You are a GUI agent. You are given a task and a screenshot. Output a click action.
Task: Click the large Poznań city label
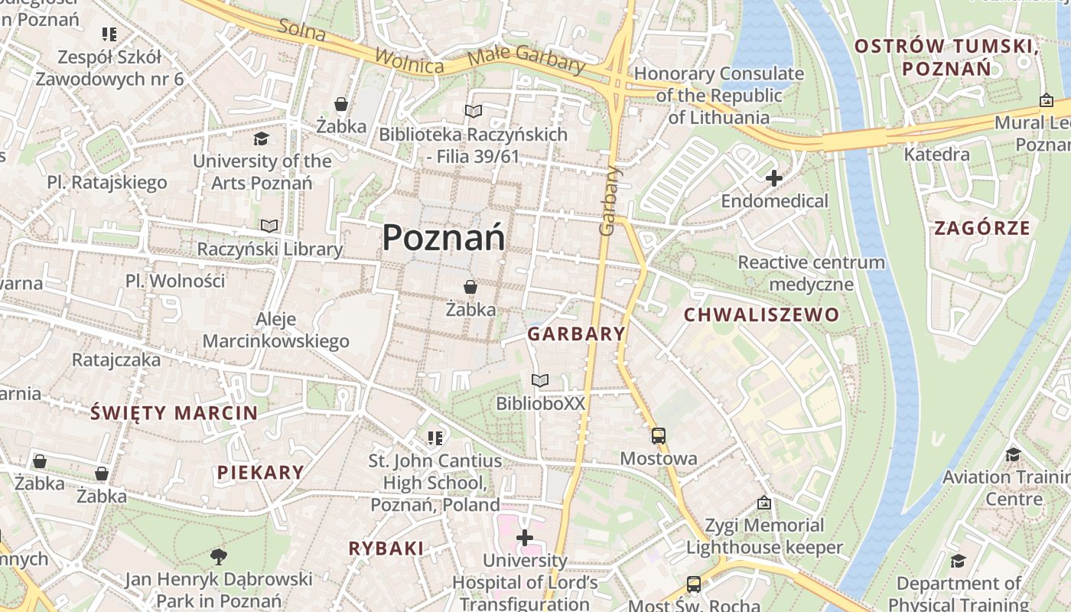tap(444, 237)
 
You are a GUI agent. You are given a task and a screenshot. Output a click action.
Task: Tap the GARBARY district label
tap(577, 334)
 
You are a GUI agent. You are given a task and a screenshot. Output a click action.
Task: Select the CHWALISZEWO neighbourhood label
tap(761, 314)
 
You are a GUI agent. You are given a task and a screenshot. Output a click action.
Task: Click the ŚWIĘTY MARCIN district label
tap(174, 413)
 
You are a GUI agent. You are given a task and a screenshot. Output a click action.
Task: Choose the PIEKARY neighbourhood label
tap(261, 472)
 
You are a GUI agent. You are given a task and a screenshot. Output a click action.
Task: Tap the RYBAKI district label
tap(386, 548)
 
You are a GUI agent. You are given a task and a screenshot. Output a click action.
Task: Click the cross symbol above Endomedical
tap(774, 178)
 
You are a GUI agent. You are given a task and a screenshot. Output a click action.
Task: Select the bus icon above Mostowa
tap(659, 436)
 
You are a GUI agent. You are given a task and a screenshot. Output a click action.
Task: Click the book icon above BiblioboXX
tap(540, 380)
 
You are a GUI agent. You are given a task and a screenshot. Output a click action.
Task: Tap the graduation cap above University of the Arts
tap(262, 138)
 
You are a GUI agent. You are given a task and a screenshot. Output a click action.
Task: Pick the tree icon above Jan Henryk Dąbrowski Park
tap(219, 555)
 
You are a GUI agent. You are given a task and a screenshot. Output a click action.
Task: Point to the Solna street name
tap(302, 30)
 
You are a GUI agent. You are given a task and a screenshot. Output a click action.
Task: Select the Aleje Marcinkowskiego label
tap(275, 330)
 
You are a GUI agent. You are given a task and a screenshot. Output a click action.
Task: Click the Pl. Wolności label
tap(175, 281)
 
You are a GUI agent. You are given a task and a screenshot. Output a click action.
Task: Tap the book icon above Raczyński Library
tap(269, 226)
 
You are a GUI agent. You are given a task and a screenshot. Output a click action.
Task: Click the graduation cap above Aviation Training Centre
tap(1013, 454)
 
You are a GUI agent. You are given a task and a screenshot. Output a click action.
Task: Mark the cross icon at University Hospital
tap(525, 538)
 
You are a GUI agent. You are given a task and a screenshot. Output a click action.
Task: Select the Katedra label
tap(936, 155)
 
